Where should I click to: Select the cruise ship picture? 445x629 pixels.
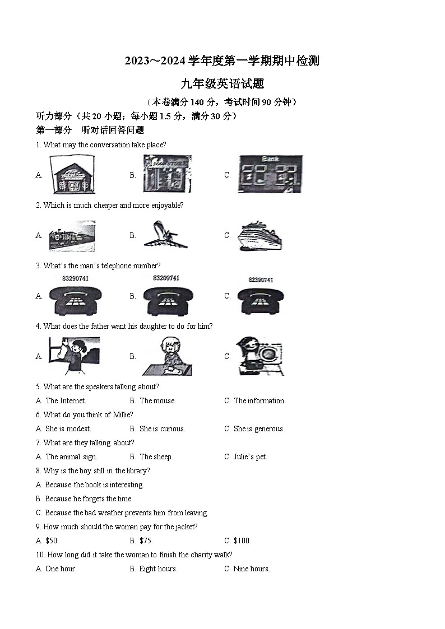[260, 235]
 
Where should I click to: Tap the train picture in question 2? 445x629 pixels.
[72, 236]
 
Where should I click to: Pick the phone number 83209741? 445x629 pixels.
[166, 278]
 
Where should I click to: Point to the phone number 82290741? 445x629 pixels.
[260, 279]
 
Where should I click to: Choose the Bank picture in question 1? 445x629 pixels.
[270, 174]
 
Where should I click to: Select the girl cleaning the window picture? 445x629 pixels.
[74, 356]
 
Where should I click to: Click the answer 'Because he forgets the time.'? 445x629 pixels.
[89, 498]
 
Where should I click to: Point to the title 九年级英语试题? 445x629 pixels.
[222, 84]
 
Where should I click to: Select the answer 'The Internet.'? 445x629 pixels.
[66, 400]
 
